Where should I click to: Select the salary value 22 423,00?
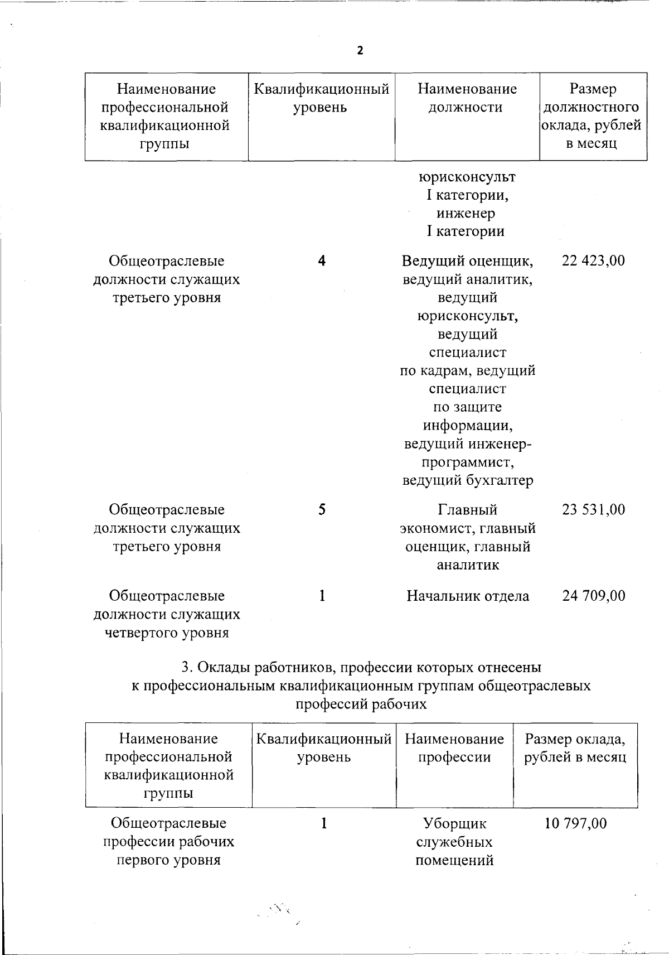pyautogui.click(x=594, y=261)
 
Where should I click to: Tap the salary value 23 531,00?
pyautogui.click(x=594, y=509)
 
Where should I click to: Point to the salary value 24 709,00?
pyautogui.click(x=594, y=596)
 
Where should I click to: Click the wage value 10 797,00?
pyautogui.click(x=575, y=823)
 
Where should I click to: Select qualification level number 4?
pyautogui.click(x=322, y=261)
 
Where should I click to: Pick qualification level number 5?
pyautogui.click(x=322, y=509)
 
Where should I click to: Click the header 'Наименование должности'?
pyautogui.click(x=467, y=98)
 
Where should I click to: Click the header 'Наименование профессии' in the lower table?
pyautogui.click(x=454, y=748)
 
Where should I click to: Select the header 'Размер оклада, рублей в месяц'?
pyautogui.click(x=575, y=748)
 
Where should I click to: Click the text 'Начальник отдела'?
pyautogui.click(x=468, y=596)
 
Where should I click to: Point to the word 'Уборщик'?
pyautogui.click(x=454, y=823)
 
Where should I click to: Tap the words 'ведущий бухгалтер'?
pyautogui.click(x=468, y=480)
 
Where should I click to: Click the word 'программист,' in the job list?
pyautogui.click(x=468, y=462)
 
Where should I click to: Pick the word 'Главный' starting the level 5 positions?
pyautogui.click(x=468, y=509)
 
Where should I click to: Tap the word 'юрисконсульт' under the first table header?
pyautogui.click(x=467, y=177)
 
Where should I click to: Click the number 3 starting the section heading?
pyautogui.click(x=186, y=668)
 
